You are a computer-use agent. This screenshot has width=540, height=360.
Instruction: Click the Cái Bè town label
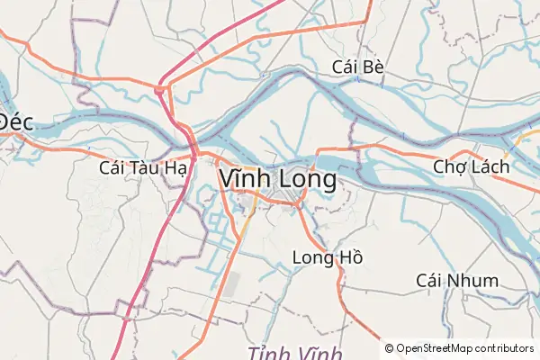point(358,67)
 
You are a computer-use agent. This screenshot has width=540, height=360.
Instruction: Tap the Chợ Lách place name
point(472,166)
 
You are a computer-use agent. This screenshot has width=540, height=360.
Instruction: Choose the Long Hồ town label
point(328,258)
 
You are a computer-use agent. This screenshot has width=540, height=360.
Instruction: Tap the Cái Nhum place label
point(457,281)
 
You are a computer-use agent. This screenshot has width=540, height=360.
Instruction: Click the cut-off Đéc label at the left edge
point(16,122)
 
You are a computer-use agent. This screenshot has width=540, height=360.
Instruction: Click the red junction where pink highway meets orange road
point(159,89)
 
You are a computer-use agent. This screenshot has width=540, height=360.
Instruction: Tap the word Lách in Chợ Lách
point(491,166)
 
